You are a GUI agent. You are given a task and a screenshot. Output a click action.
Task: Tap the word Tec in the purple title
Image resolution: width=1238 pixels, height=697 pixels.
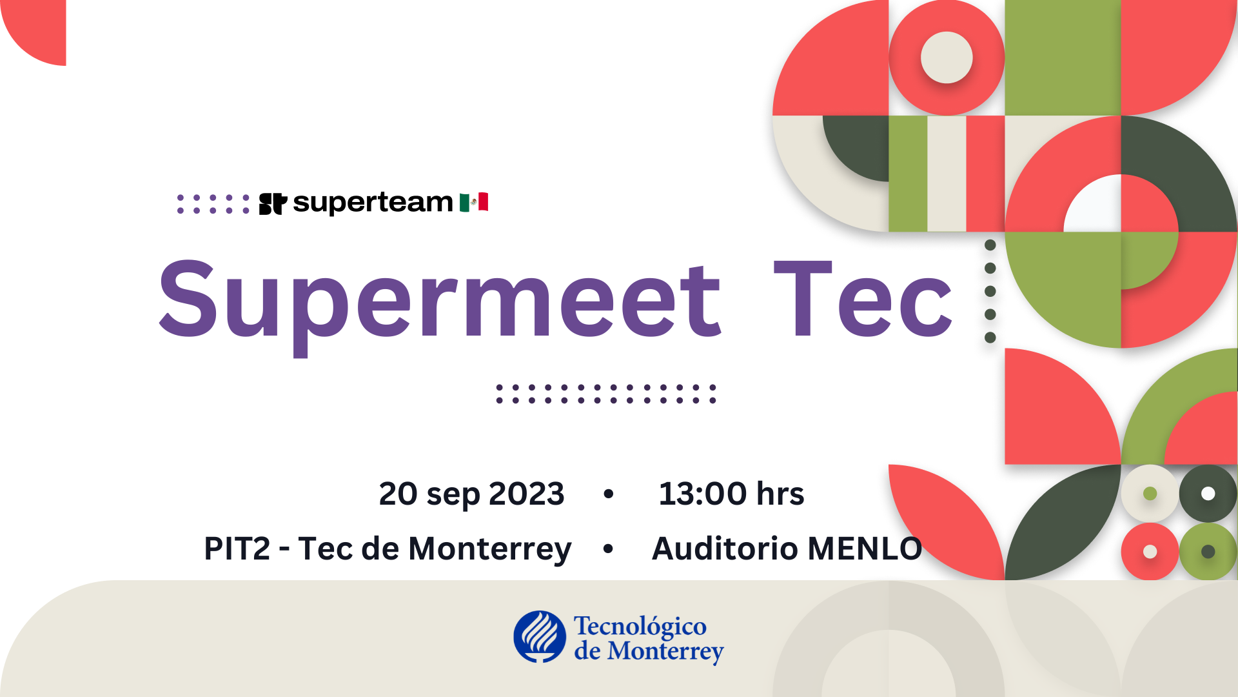(863, 299)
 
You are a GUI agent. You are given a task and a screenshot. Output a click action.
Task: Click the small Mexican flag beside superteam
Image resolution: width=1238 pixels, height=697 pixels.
(474, 202)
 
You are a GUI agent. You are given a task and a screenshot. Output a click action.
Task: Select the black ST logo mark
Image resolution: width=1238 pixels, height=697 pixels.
(273, 203)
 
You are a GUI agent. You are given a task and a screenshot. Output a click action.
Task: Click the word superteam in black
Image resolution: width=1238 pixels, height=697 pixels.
(373, 203)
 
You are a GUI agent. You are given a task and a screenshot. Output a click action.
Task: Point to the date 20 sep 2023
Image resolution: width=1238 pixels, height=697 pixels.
(471, 494)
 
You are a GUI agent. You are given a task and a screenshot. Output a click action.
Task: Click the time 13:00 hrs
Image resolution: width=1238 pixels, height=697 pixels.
(731, 494)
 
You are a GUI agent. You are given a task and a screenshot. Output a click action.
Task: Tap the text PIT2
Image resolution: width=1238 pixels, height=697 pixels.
(237, 549)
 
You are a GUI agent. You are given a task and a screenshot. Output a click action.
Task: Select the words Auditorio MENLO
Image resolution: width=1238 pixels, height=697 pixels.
(787, 549)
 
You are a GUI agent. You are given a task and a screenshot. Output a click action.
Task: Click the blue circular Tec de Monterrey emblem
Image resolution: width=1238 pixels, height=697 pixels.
(540, 637)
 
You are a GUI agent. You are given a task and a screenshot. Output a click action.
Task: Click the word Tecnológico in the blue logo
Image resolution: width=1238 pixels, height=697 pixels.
(640, 627)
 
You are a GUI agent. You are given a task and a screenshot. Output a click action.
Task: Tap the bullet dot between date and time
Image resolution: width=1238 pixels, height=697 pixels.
(608, 494)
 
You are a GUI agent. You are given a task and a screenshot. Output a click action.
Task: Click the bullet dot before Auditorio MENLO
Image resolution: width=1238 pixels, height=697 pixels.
(608, 549)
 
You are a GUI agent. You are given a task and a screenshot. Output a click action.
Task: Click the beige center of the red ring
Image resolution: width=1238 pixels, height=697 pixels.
(947, 57)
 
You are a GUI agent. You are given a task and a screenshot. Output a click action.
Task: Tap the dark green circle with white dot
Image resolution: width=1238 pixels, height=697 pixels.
(1208, 494)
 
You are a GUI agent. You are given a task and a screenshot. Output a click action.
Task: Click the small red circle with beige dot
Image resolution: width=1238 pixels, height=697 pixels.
(1150, 552)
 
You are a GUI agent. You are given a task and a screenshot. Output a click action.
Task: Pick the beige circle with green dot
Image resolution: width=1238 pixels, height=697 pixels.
(1150, 494)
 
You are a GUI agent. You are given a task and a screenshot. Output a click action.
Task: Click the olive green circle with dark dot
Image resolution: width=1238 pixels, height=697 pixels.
(1208, 552)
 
